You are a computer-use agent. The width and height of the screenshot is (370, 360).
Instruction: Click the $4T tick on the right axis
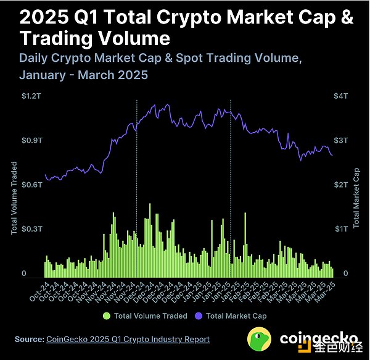340,96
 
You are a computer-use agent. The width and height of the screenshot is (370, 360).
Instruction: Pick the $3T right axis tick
340,140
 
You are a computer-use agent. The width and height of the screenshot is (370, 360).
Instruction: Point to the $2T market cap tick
340,185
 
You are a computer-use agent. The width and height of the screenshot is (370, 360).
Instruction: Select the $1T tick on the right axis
340,228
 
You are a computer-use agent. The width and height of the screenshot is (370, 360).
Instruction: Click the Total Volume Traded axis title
14,198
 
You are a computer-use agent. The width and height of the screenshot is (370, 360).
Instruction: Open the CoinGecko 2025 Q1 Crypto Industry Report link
128,339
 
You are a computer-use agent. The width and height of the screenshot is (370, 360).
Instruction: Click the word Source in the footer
29,339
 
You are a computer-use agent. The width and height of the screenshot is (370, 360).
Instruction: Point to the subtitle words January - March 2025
84,75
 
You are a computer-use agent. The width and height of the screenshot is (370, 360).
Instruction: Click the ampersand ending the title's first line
347,17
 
